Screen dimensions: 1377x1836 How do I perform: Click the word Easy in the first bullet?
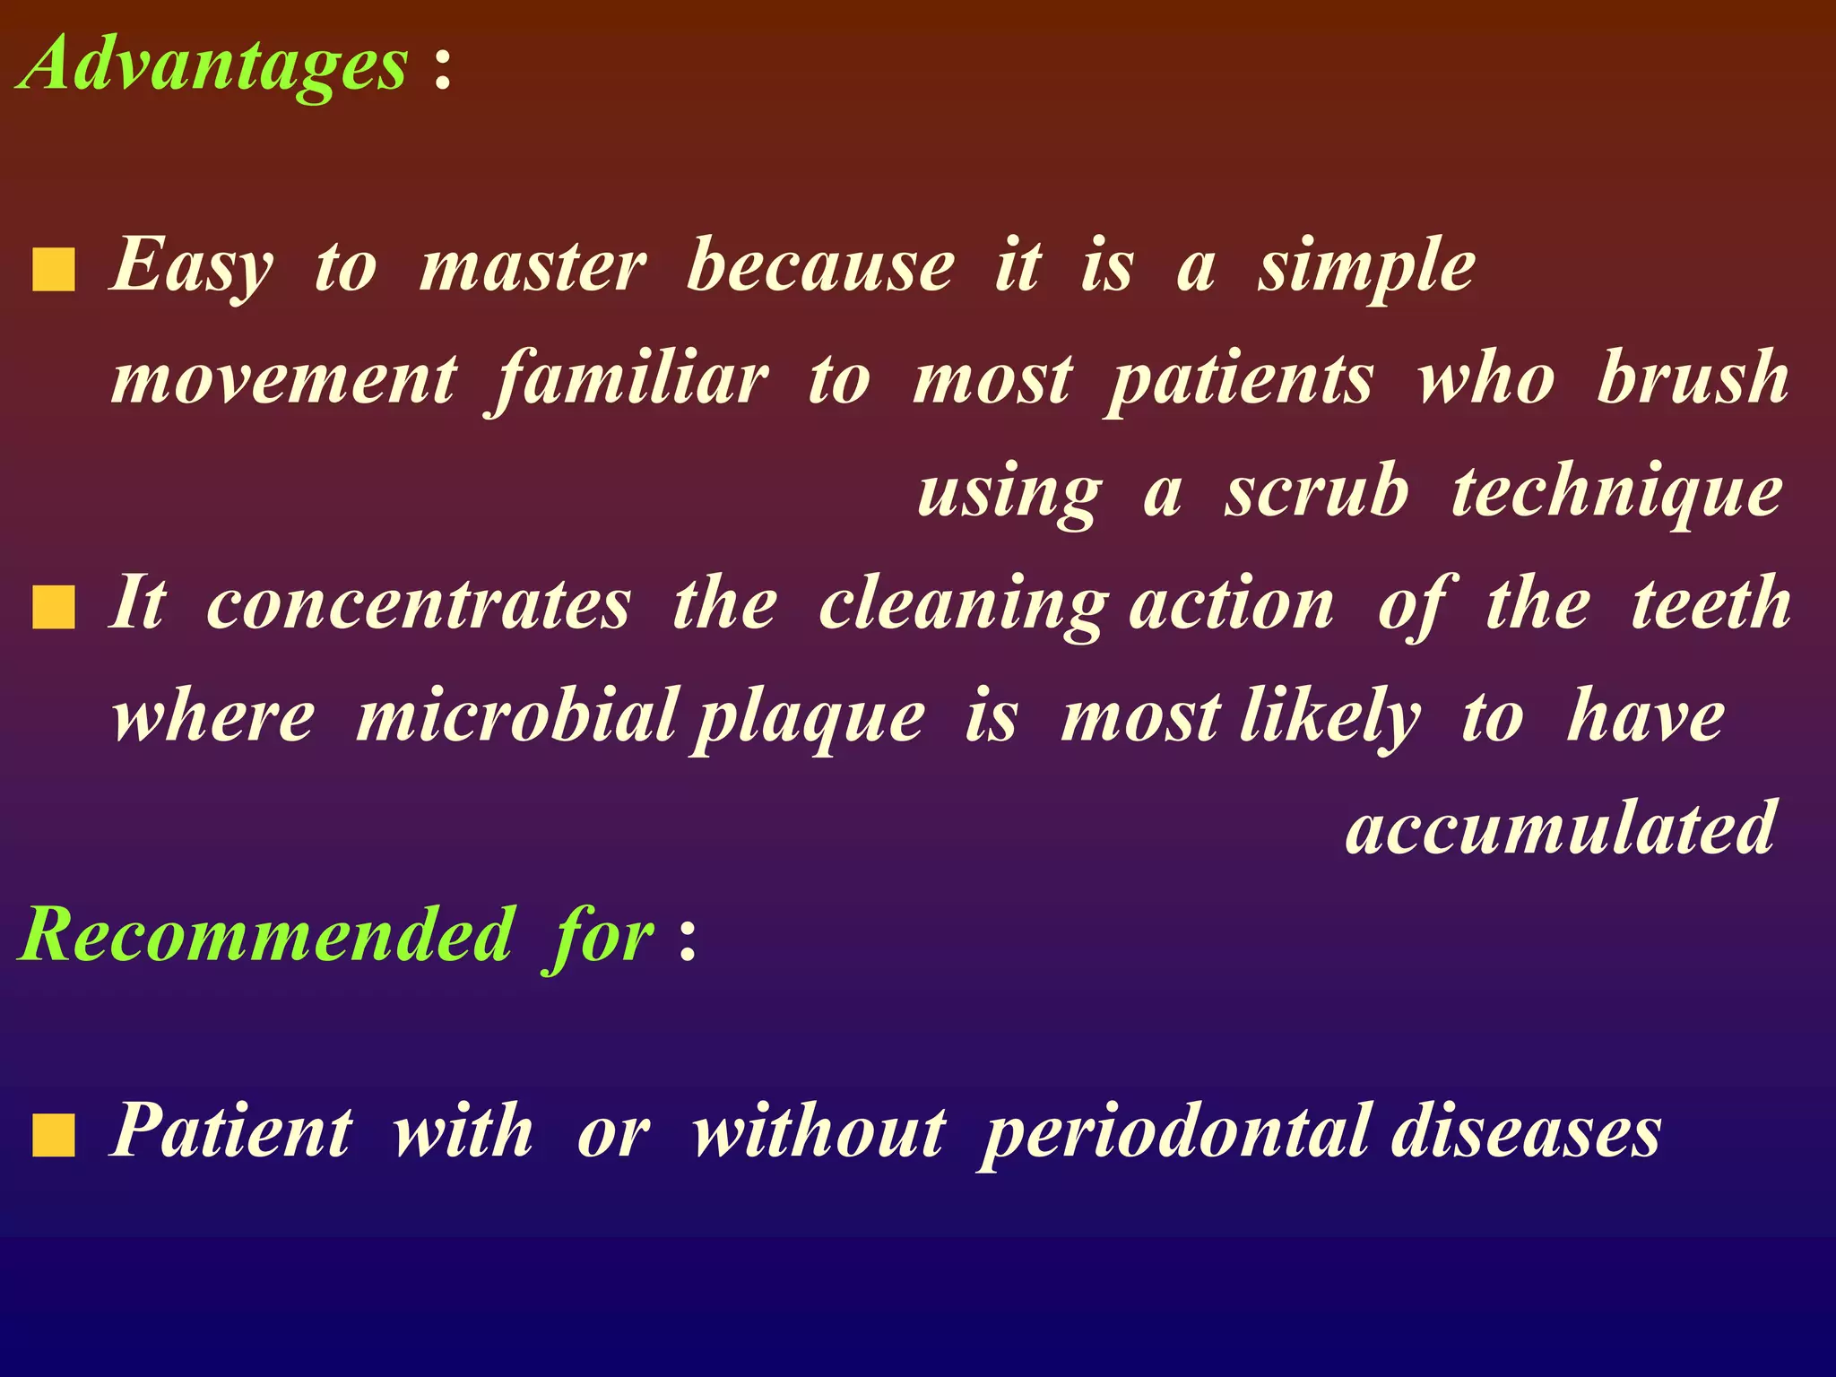click(x=191, y=266)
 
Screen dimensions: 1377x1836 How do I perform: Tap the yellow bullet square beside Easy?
click(x=54, y=272)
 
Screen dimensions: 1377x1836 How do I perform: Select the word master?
click(x=533, y=266)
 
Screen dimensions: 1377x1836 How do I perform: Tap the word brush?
click(x=1693, y=378)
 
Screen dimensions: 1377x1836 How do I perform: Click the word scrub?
click(x=1316, y=492)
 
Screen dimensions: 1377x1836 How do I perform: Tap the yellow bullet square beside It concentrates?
click(x=54, y=608)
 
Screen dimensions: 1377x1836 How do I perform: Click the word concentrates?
click(x=419, y=605)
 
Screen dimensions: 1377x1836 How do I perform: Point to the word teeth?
click(x=1710, y=604)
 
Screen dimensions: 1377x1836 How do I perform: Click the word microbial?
click(x=517, y=716)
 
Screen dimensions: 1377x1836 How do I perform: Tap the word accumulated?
click(x=1560, y=828)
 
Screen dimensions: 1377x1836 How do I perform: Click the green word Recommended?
click(x=268, y=935)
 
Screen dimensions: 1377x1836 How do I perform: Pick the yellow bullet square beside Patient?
click(x=54, y=1136)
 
